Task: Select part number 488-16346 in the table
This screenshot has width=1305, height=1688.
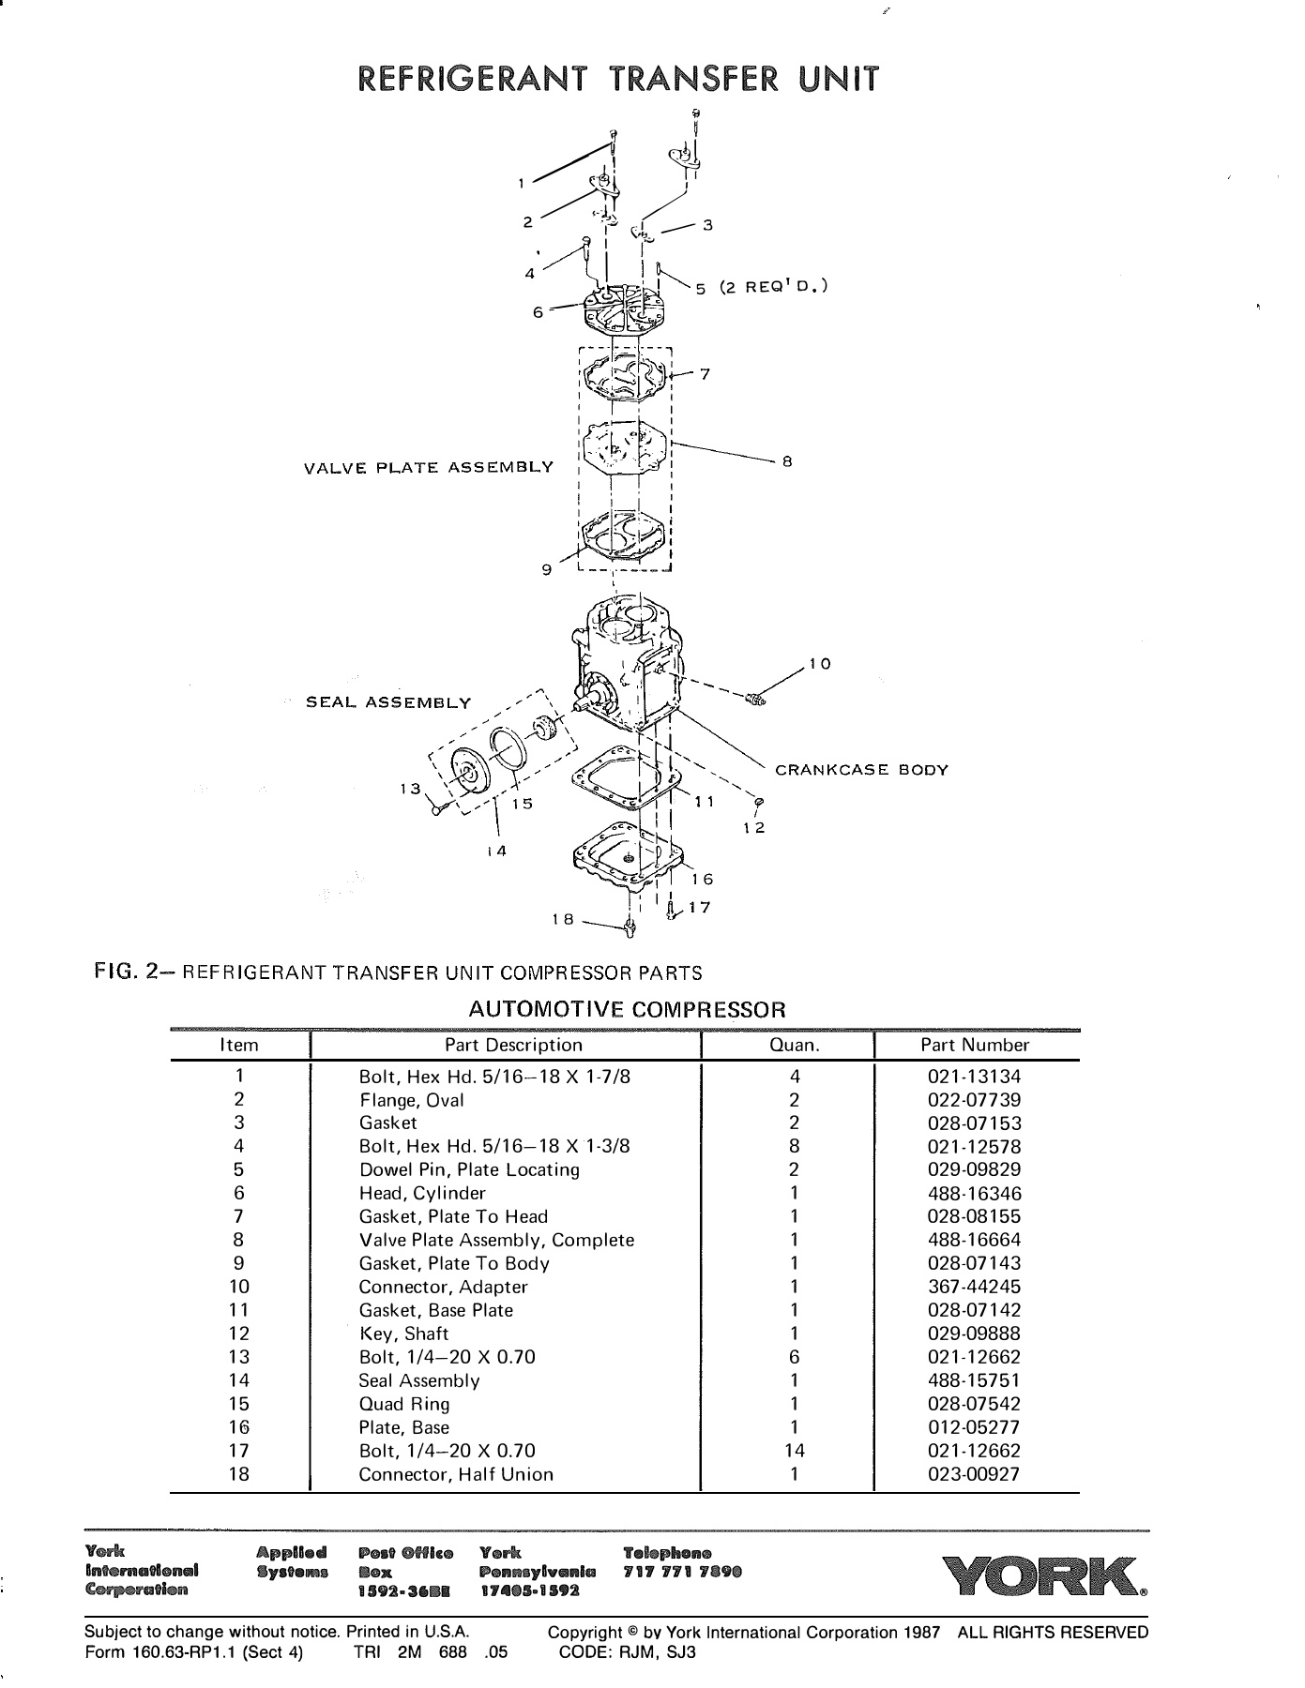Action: click(x=974, y=1194)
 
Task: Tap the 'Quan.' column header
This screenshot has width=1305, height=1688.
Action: click(x=794, y=1046)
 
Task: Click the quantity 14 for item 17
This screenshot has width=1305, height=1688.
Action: click(x=794, y=1451)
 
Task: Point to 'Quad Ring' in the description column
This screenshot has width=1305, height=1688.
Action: click(x=404, y=1404)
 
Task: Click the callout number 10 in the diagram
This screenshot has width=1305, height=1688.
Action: click(x=820, y=664)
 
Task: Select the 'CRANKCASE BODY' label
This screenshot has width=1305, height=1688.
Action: click(x=861, y=770)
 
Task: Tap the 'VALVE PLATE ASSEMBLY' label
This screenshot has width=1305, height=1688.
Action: click(x=429, y=467)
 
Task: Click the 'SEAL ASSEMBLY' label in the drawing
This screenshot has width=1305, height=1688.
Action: click(x=388, y=702)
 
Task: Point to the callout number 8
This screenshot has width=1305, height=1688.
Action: click(x=788, y=461)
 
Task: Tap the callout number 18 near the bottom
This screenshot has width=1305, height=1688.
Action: click(x=562, y=920)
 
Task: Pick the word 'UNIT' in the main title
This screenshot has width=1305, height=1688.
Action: click(x=839, y=79)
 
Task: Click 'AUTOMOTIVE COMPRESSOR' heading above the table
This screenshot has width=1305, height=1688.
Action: click(x=626, y=1010)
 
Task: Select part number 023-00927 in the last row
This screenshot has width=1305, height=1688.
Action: click(x=974, y=1474)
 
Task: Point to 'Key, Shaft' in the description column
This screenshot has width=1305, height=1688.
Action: click(x=404, y=1334)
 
